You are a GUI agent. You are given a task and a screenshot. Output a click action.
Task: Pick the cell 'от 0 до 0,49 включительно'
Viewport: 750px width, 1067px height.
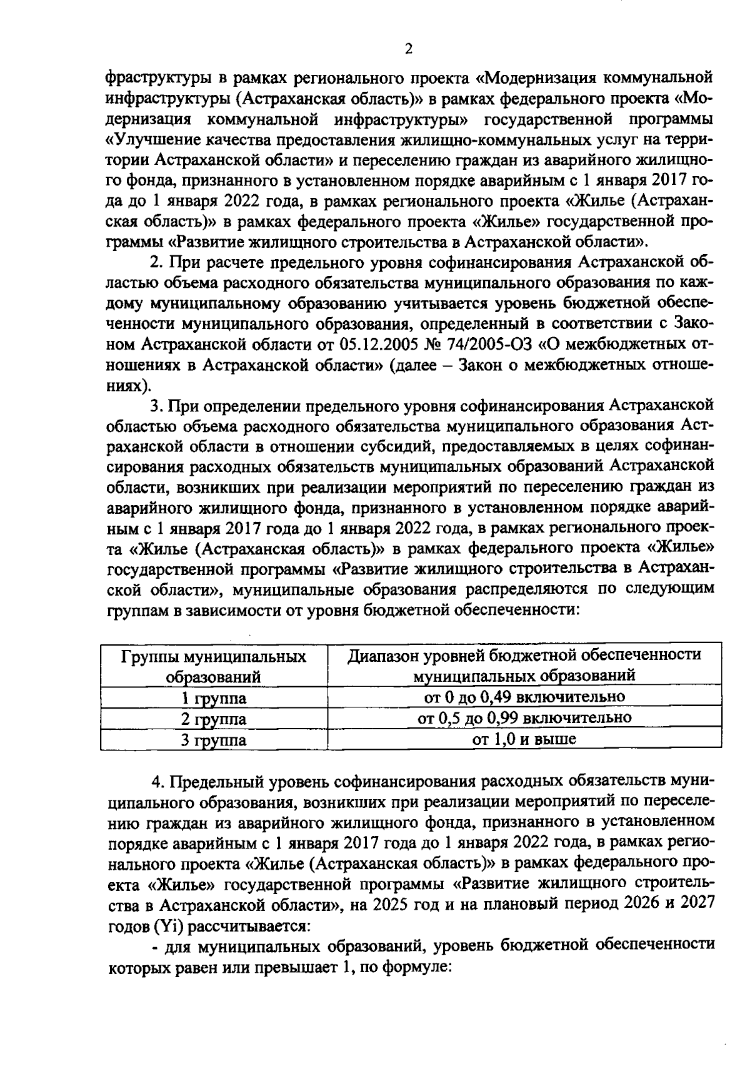pyautogui.click(x=524, y=696)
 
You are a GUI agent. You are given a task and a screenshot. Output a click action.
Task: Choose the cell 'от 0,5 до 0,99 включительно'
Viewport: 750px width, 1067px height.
pyautogui.click(x=524, y=717)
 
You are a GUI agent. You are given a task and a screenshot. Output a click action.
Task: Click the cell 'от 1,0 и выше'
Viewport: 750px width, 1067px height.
pyautogui.click(x=524, y=739)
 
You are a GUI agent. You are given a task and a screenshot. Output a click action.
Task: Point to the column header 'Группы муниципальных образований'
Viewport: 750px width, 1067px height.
pyautogui.click(x=213, y=666)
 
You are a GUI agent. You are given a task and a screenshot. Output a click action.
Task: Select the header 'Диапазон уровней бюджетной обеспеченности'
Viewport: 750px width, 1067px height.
pyautogui.click(x=524, y=655)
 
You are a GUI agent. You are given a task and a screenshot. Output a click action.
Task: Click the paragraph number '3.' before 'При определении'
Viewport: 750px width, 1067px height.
pyautogui.click(x=157, y=405)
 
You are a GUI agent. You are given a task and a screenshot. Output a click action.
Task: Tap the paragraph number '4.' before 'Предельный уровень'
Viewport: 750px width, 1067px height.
pyautogui.click(x=158, y=782)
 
